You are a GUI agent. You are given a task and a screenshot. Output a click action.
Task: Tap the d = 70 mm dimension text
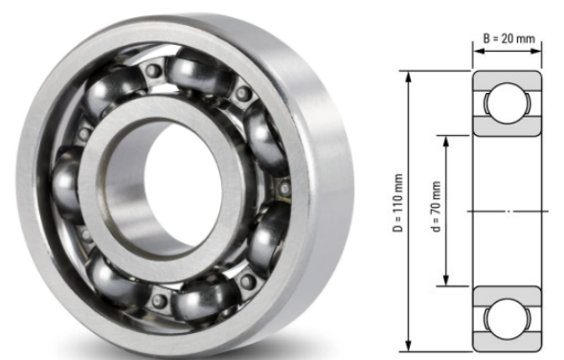435,209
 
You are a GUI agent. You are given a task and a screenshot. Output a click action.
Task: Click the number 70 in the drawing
435,204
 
